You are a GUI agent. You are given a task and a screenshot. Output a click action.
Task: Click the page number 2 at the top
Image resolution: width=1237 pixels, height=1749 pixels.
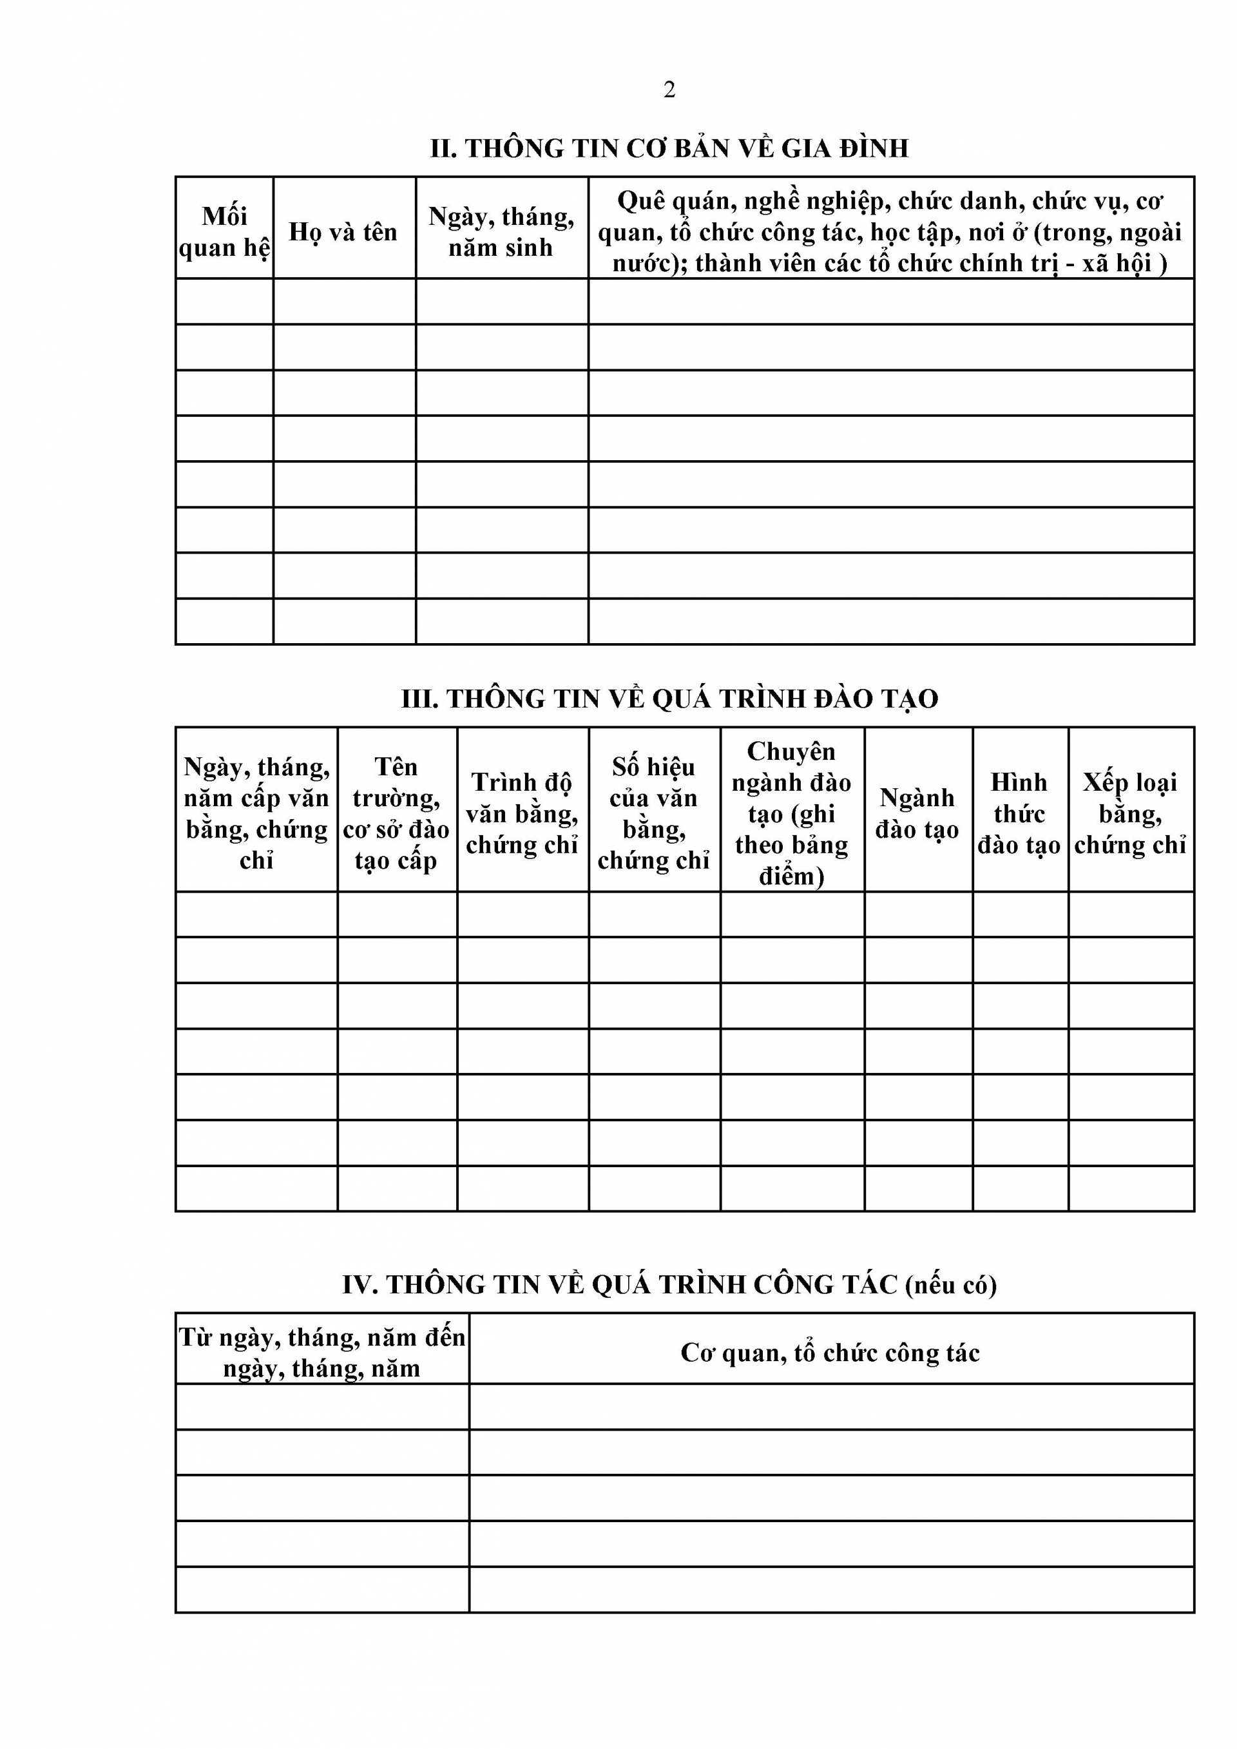[x=669, y=90]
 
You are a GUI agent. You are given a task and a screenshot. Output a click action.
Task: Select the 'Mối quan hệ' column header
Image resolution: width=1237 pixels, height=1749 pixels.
[x=225, y=231]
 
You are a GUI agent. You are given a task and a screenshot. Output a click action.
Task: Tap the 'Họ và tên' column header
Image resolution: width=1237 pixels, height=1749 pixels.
[x=343, y=231]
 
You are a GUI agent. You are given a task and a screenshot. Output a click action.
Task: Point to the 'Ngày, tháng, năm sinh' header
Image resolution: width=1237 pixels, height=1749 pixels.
[x=501, y=231]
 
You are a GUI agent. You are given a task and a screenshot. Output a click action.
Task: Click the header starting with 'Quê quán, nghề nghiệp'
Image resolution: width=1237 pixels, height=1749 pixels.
[x=890, y=231]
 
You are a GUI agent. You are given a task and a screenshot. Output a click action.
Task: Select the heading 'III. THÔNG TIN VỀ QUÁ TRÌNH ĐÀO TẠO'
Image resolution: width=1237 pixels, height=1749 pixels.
[x=669, y=699]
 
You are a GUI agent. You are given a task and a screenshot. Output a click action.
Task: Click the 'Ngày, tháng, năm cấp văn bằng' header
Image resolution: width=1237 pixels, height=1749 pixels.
[x=256, y=813]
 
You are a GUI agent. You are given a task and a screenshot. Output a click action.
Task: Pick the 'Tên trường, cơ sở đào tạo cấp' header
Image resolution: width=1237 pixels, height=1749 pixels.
[x=396, y=813]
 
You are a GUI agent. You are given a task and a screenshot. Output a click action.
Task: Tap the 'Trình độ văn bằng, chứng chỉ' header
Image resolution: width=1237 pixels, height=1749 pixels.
[x=523, y=813]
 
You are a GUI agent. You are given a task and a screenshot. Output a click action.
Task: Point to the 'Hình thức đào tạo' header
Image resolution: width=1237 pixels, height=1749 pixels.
[x=1019, y=813]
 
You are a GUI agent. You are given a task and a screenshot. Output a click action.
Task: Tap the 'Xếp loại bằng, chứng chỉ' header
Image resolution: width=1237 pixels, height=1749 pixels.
[x=1130, y=813]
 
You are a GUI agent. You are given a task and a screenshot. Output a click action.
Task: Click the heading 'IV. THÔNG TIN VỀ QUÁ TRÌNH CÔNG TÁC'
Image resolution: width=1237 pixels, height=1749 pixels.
[x=669, y=1285]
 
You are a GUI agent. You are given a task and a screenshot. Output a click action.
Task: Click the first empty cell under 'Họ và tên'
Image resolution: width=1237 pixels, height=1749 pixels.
[x=343, y=302]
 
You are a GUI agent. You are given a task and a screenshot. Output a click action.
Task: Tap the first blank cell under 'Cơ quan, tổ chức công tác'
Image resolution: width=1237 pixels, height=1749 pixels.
[x=830, y=1406]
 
